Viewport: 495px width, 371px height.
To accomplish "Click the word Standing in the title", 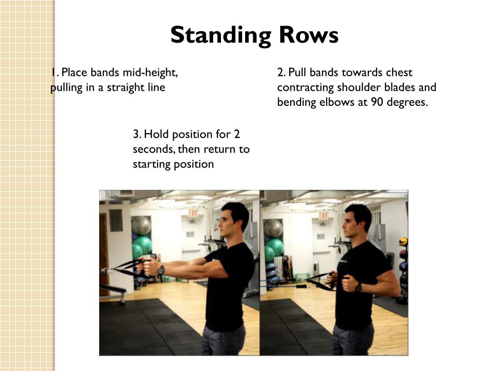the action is coord(220,35).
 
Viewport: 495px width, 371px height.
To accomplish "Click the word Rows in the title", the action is coord(309,35).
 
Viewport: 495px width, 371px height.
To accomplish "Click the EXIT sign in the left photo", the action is coord(193,213).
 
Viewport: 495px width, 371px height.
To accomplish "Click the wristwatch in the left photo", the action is coord(161,270).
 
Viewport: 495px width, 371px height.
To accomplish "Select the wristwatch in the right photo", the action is coord(358,287).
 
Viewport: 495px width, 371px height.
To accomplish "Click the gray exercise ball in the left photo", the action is coord(141,226).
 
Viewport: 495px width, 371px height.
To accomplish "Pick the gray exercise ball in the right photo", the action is coord(273,228).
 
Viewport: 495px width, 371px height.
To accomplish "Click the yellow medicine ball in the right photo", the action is coord(403,242).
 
